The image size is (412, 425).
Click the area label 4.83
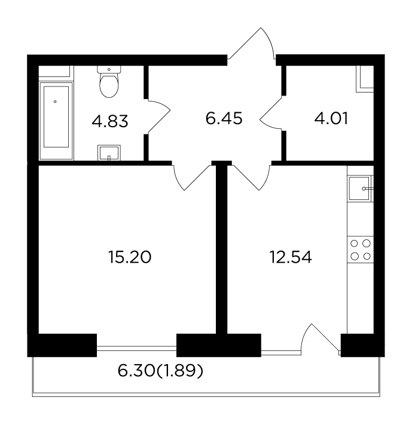(x=109, y=121)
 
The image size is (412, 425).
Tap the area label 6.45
(x=224, y=119)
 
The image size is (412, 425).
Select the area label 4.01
(x=331, y=119)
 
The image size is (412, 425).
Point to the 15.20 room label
(x=130, y=257)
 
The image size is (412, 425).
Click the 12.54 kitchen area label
(x=291, y=257)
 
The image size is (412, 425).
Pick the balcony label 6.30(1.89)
(x=160, y=371)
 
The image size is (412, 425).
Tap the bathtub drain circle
(x=55, y=101)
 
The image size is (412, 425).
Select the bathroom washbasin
(x=109, y=153)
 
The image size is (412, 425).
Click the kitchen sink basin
(x=359, y=189)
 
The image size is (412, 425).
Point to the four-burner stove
(x=361, y=250)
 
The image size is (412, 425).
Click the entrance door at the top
(x=251, y=43)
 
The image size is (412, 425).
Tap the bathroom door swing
(x=159, y=116)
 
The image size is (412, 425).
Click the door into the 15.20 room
(x=192, y=177)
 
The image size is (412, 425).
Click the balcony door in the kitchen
(x=321, y=339)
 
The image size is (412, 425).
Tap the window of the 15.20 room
(x=136, y=348)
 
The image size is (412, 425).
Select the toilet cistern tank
(x=109, y=69)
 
